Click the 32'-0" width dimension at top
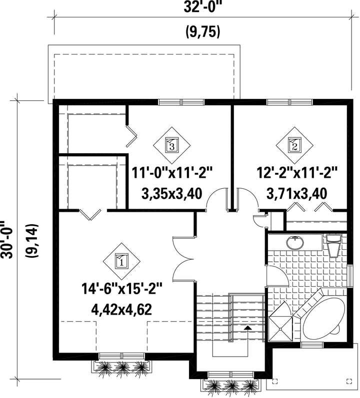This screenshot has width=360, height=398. point(201,7)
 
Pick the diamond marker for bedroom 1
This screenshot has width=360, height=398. point(121,262)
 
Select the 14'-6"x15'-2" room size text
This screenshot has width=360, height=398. point(121,289)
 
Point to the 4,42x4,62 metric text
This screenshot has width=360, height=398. point(121,310)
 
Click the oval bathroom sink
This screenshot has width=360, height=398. point(295,243)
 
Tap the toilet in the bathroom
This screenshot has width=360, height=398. point(333,245)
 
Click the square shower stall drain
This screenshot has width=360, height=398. point(280,329)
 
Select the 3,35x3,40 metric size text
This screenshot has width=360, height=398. point(171,194)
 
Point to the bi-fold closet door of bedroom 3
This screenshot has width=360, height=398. point(131,135)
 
